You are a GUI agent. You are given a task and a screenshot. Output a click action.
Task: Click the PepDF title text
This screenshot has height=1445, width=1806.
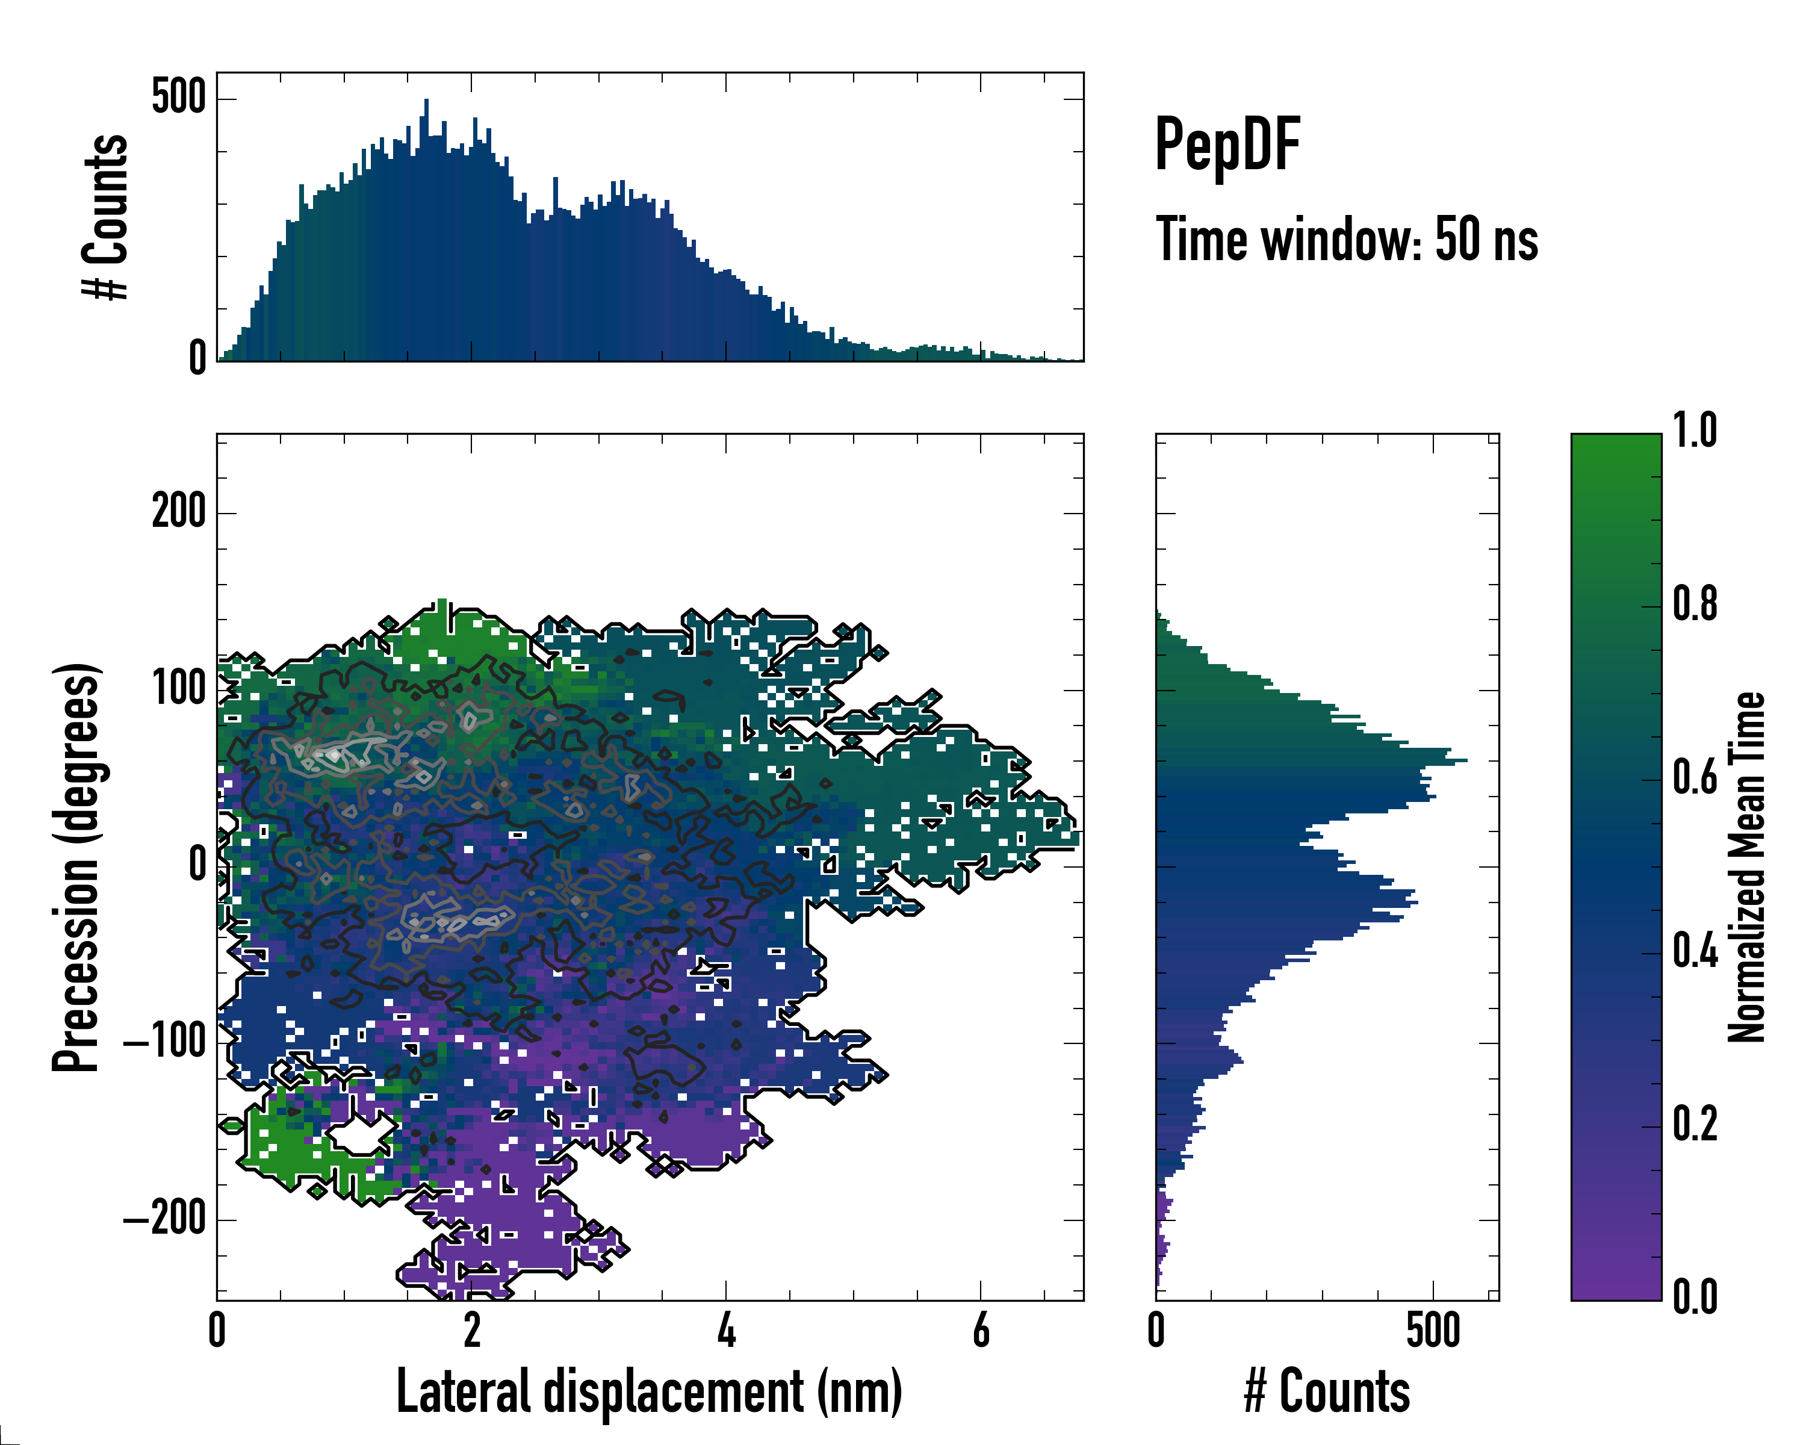[1226, 146]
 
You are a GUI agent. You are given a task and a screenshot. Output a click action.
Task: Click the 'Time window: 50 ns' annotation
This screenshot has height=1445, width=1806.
[1346, 240]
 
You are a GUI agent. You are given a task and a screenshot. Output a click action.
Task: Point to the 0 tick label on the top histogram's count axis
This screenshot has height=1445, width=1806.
[197, 358]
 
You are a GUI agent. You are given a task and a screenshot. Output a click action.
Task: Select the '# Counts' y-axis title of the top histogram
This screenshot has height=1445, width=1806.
[105, 216]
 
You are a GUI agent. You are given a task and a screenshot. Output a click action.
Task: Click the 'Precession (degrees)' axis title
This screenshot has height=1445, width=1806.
[76, 867]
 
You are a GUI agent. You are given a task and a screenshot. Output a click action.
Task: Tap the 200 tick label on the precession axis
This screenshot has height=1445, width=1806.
[178, 511]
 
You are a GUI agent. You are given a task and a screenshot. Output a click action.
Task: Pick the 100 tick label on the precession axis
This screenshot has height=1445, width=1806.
[178, 689]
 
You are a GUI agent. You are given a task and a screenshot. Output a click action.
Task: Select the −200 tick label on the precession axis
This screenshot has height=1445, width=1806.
[165, 1220]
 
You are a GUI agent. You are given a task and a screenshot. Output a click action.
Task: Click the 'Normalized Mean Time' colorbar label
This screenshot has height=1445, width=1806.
[1746, 867]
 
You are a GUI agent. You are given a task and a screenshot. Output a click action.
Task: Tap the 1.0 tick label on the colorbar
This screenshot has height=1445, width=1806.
[1695, 432]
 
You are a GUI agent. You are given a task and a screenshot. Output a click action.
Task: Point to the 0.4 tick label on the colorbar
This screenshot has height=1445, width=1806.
[1695, 952]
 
